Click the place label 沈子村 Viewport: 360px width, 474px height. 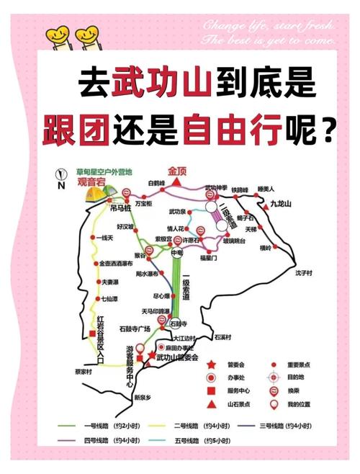pos(304,274)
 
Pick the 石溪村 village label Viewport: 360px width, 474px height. pos(222,336)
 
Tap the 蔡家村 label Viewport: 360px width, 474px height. pos(84,372)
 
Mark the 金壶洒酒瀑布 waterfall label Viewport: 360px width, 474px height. pos(121,264)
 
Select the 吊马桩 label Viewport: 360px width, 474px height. pos(120,207)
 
